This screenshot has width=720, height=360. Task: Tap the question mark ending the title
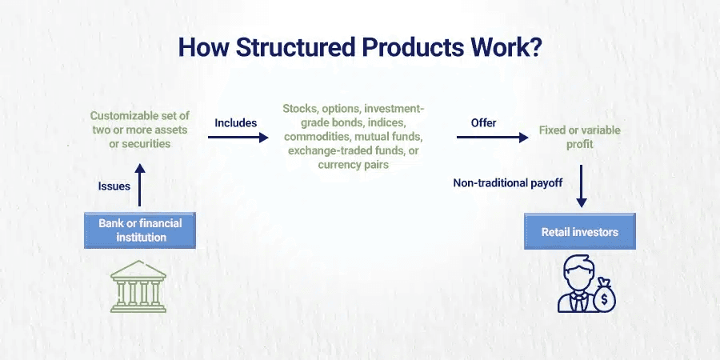(x=536, y=46)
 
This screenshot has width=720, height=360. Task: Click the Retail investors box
(x=579, y=232)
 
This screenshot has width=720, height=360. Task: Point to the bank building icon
(x=139, y=285)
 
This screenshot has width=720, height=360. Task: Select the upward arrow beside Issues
(x=139, y=185)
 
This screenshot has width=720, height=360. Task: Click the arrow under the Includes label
(x=238, y=138)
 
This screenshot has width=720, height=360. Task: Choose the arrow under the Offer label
(x=492, y=138)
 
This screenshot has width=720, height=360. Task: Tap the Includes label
(x=235, y=123)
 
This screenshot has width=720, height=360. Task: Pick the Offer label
(x=483, y=123)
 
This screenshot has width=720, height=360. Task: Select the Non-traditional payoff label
(x=508, y=183)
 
